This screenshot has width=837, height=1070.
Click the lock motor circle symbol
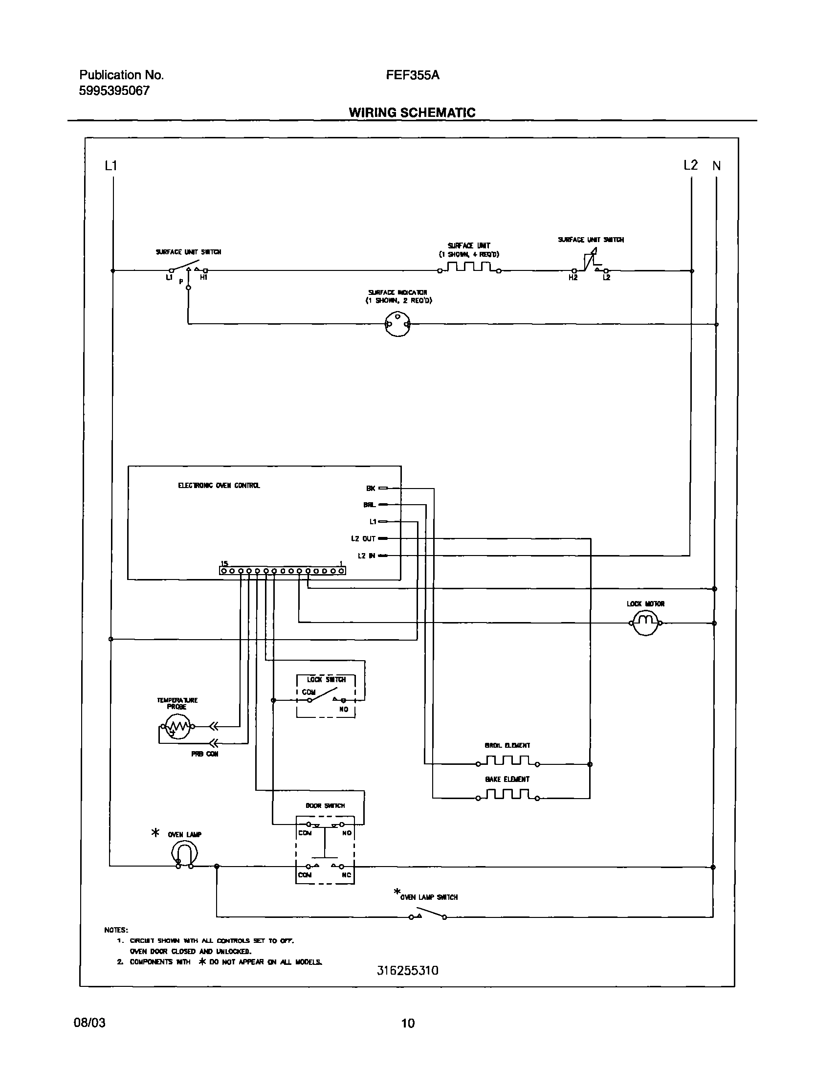[x=645, y=624]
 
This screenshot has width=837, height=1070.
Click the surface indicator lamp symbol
[x=397, y=325]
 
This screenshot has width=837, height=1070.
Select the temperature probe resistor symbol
[x=177, y=727]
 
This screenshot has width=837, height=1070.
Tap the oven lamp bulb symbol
[x=184, y=854]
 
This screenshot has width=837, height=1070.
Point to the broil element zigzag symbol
[x=507, y=761]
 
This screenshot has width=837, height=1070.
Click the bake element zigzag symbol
[x=507, y=795]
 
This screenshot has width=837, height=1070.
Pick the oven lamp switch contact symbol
[x=428, y=914]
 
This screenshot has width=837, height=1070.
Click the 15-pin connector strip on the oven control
[x=282, y=571]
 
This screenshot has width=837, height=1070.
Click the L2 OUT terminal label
[x=363, y=539]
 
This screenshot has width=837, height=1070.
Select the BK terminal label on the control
[x=371, y=488]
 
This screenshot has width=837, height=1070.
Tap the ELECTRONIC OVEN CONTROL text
[x=219, y=486]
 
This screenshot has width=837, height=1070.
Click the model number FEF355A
[x=412, y=75]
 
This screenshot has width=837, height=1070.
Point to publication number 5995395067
[x=114, y=90]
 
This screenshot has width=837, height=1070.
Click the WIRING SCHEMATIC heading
[x=412, y=113]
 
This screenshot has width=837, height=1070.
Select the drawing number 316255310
[x=407, y=971]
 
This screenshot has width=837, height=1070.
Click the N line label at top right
[x=716, y=166]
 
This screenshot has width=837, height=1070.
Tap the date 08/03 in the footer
[x=89, y=1023]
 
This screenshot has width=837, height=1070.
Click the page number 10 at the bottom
[x=408, y=1023]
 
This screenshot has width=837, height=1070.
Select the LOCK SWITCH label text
[x=327, y=680]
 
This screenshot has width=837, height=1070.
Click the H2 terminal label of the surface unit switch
[x=573, y=278]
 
